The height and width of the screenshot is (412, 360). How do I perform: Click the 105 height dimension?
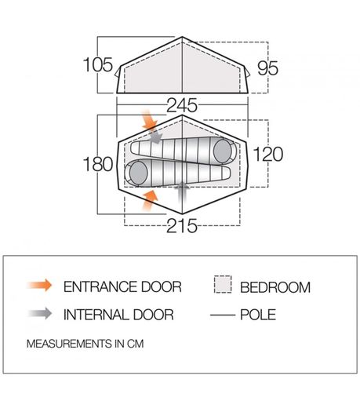[x=98, y=64]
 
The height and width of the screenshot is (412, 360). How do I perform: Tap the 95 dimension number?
[x=267, y=68]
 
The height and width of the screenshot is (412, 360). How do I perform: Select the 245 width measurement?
[x=182, y=105]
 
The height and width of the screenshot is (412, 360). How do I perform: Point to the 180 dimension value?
[x=98, y=164]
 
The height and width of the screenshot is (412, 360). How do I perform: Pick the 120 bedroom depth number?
[x=268, y=155]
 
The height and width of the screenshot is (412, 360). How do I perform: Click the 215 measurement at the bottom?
[x=182, y=226]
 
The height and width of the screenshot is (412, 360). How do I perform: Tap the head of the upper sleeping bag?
[x=223, y=151]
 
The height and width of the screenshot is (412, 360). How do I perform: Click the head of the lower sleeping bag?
[x=138, y=173]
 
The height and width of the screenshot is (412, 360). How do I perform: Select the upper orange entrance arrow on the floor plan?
[x=149, y=121]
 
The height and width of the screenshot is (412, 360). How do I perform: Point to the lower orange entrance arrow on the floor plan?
[x=150, y=200]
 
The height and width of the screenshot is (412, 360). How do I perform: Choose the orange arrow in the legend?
[x=39, y=286]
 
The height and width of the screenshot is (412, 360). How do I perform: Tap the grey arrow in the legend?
[x=40, y=313]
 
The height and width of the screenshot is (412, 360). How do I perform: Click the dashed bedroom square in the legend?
[x=223, y=284]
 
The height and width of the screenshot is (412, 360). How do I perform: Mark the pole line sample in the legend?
[x=223, y=315]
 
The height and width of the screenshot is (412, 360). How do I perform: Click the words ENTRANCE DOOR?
[x=122, y=286]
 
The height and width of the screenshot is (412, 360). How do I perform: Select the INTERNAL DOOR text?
[x=118, y=315]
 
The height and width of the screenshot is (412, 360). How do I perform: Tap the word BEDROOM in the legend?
[x=275, y=287]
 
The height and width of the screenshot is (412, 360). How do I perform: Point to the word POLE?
[x=258, y=315]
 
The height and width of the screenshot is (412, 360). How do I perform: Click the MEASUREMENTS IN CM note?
[x=85, y=344]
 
